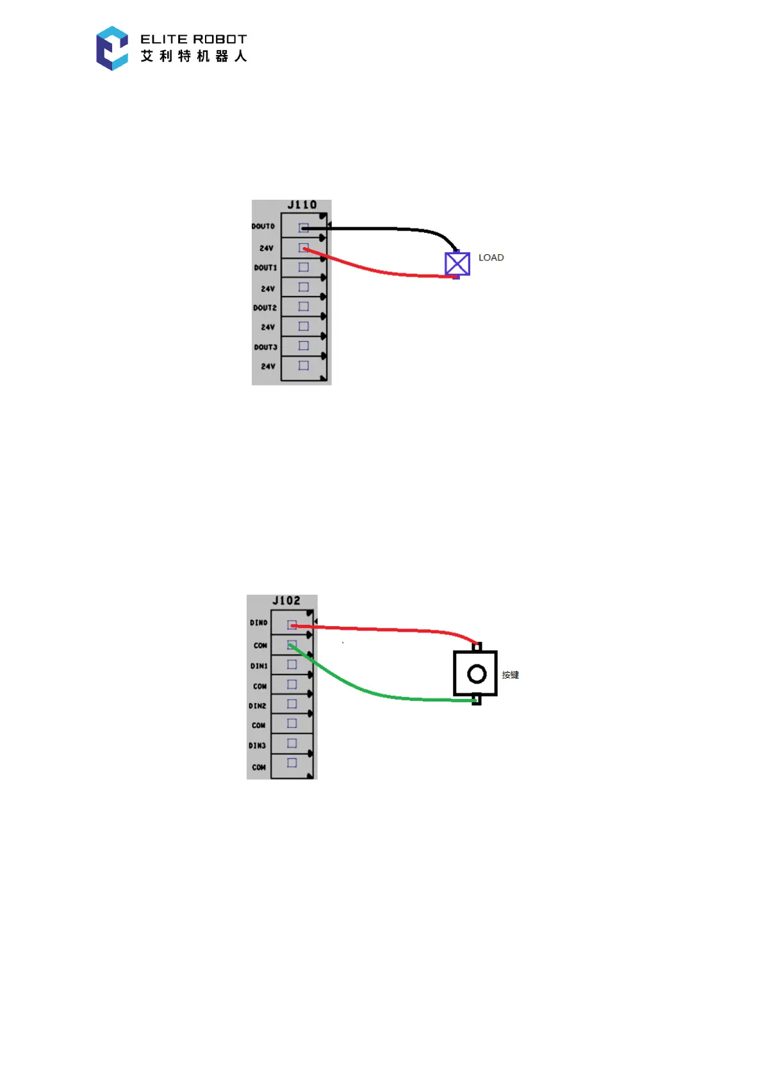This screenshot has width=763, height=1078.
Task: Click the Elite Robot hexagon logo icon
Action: click(112, 48)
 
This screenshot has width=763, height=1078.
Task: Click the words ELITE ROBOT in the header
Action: click(193, 39)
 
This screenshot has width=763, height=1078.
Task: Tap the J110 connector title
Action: click(302, 205)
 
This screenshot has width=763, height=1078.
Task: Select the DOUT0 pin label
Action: click(263, 227)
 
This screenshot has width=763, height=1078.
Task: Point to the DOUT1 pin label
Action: click(265, 268)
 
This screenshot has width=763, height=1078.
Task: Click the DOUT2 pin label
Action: click(265, 308)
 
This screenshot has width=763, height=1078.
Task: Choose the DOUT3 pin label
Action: click(265, 347)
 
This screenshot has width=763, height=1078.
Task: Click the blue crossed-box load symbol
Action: click(457, 264)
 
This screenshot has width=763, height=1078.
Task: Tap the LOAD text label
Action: click(491, 257)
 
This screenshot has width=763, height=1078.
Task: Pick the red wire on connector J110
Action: click(378, 271)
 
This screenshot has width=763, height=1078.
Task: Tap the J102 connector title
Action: click(286, 600)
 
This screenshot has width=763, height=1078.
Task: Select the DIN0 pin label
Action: click(259, 623)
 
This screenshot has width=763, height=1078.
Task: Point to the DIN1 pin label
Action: click(259, 666)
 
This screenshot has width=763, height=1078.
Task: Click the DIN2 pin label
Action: click(258, 706)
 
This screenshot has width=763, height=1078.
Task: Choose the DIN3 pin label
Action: click(258, 746)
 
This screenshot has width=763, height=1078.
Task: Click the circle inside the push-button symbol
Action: click(477, 673)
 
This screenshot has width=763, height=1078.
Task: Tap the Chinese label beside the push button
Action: click(511, 675)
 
